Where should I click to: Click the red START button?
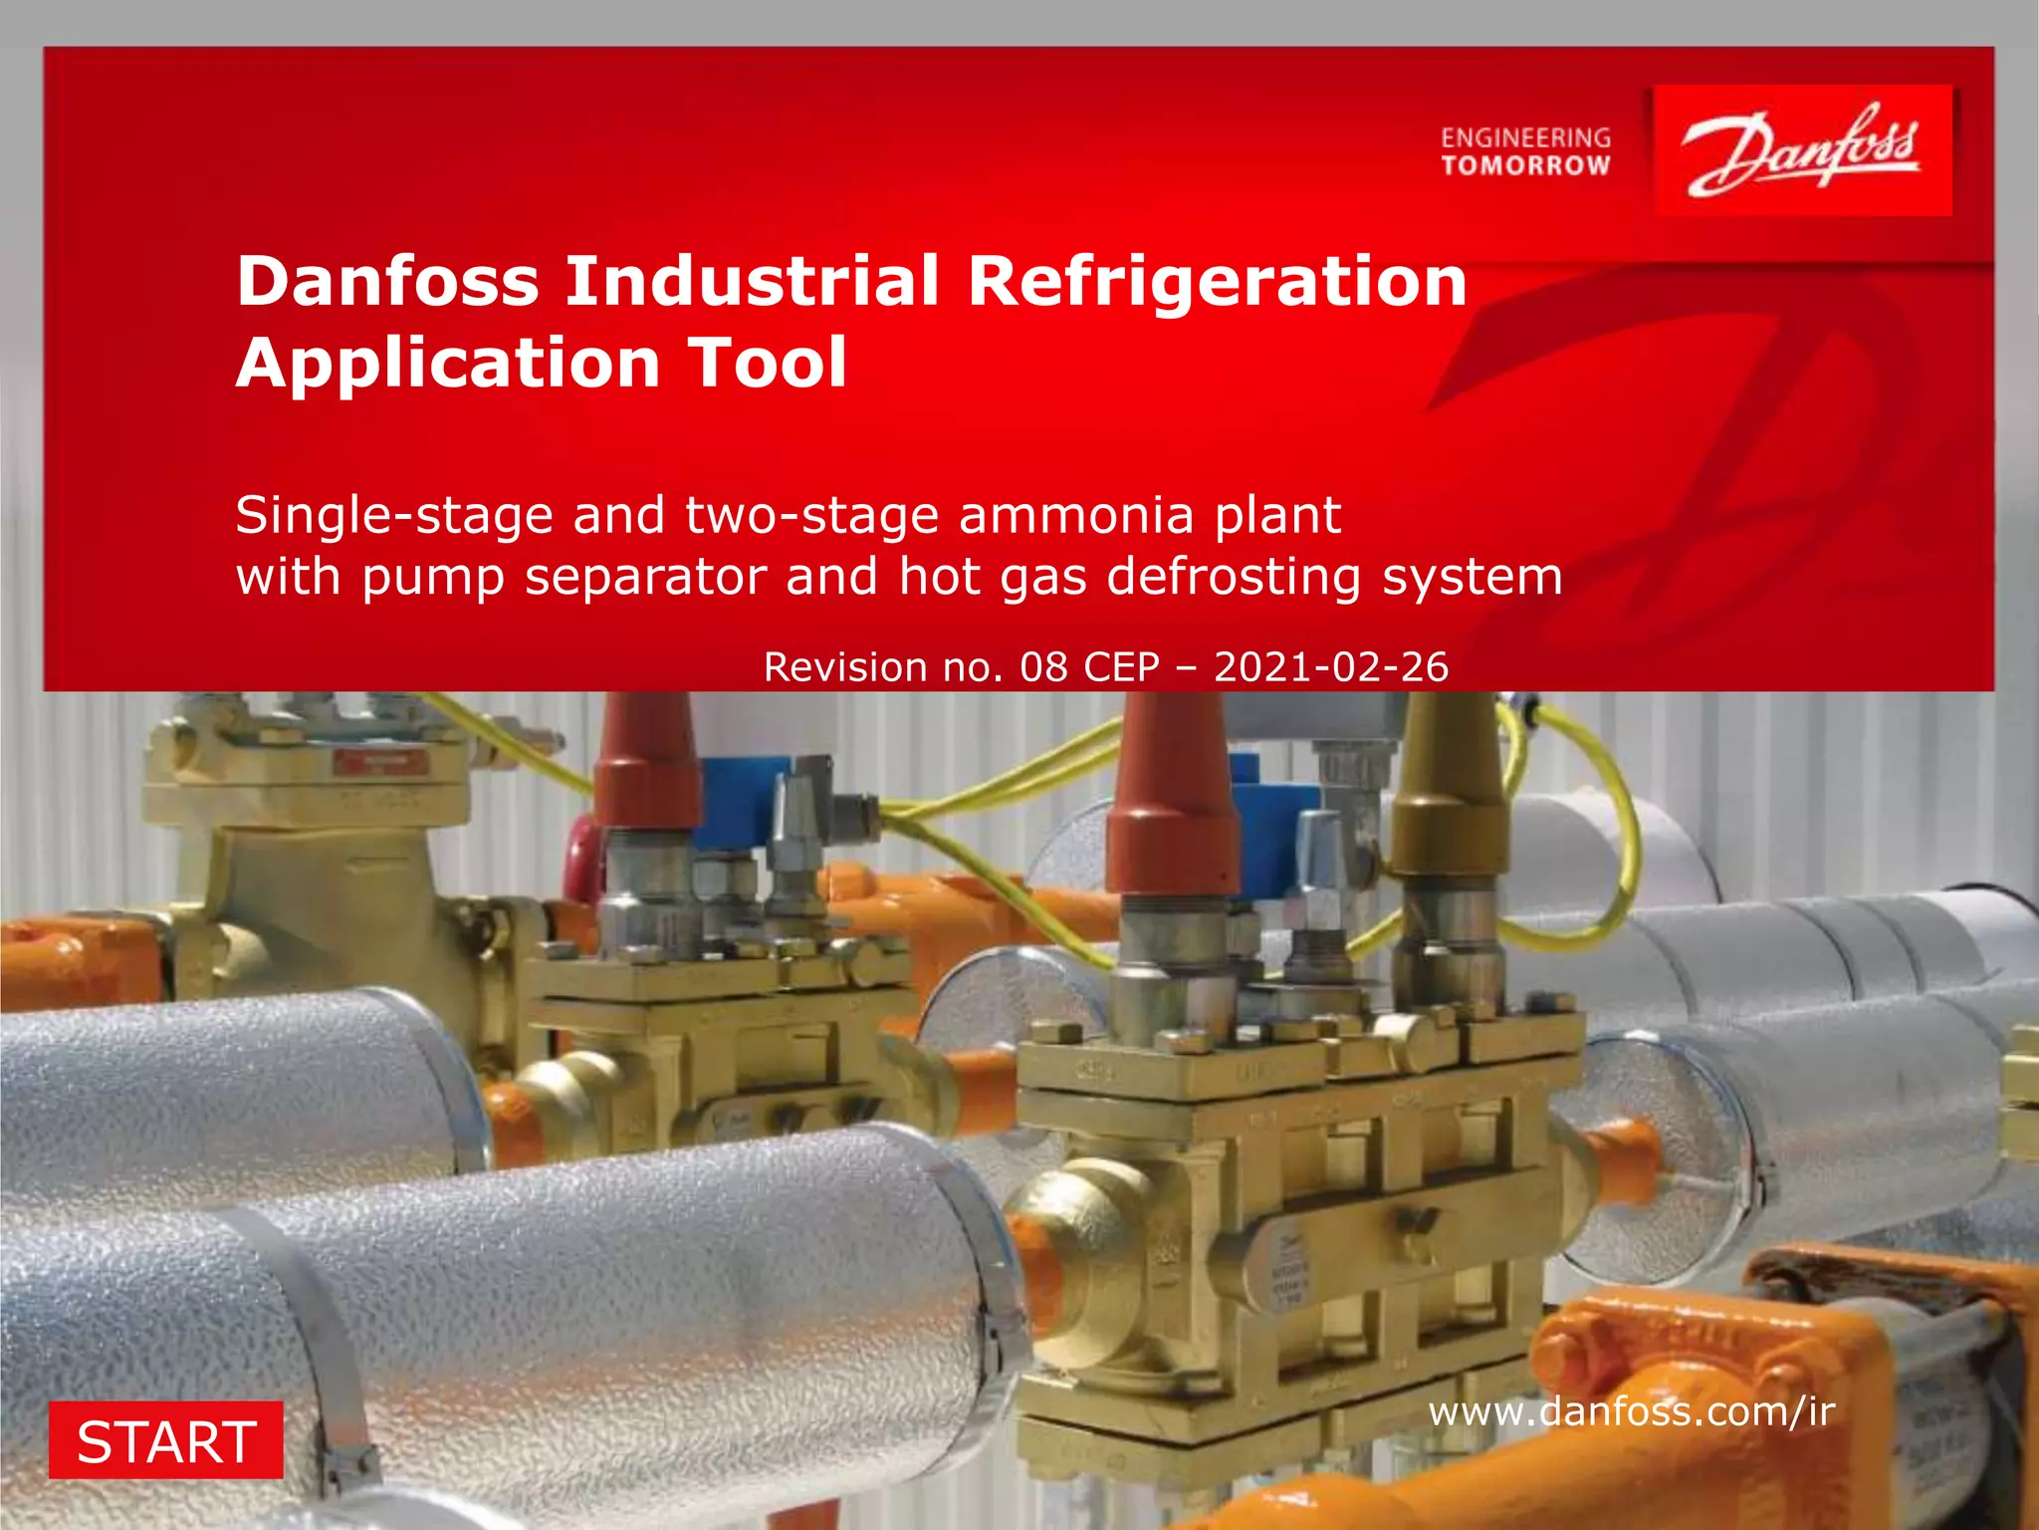point(166,1440)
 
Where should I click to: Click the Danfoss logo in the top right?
point(1802,150)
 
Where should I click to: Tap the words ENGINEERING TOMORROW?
point(1525,151)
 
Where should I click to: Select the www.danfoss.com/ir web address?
point(1631,1411)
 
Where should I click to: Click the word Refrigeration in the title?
point(1217,281)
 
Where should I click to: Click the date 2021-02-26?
point(1331,667)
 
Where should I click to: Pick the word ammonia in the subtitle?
point(1076,515)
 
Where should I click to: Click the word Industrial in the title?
point(753,281)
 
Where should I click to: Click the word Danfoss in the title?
point(388,281)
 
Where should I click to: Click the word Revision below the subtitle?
point(845,667)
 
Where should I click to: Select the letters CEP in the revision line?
point(1122,667)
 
